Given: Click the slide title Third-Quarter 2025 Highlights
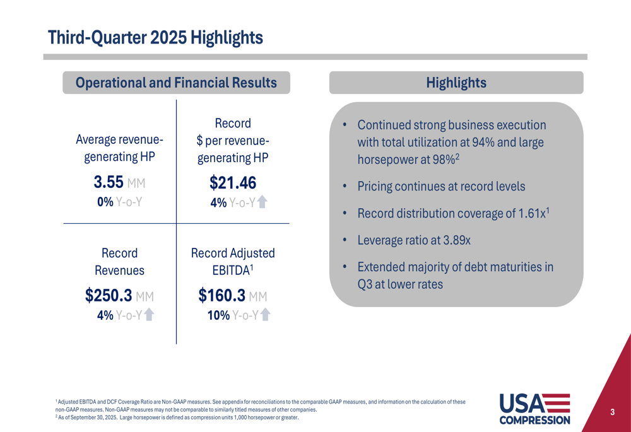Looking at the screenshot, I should [x=155, y=38].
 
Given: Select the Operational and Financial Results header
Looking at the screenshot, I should [x=176, y=83].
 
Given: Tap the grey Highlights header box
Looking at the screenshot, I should [x=456, y=83].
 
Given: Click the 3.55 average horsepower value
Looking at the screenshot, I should [x=108, y=183].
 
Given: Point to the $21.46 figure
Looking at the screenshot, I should [x=233, y=183].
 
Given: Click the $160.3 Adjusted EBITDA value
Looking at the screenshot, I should [x=221, y=296].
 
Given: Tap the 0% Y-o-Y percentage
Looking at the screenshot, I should [x=105, y=202].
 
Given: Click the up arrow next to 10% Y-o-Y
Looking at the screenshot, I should [x=265, y=315].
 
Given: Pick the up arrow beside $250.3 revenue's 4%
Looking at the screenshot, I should [x=149, y=315].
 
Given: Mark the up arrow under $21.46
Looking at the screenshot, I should [x=262, y=202].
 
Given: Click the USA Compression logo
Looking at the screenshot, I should [x=534, y=408].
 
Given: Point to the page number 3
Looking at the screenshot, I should [x=612, y=412].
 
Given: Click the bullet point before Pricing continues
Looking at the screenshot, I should [x=345, y=187].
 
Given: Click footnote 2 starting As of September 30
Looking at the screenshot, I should [x=177, y=417].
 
